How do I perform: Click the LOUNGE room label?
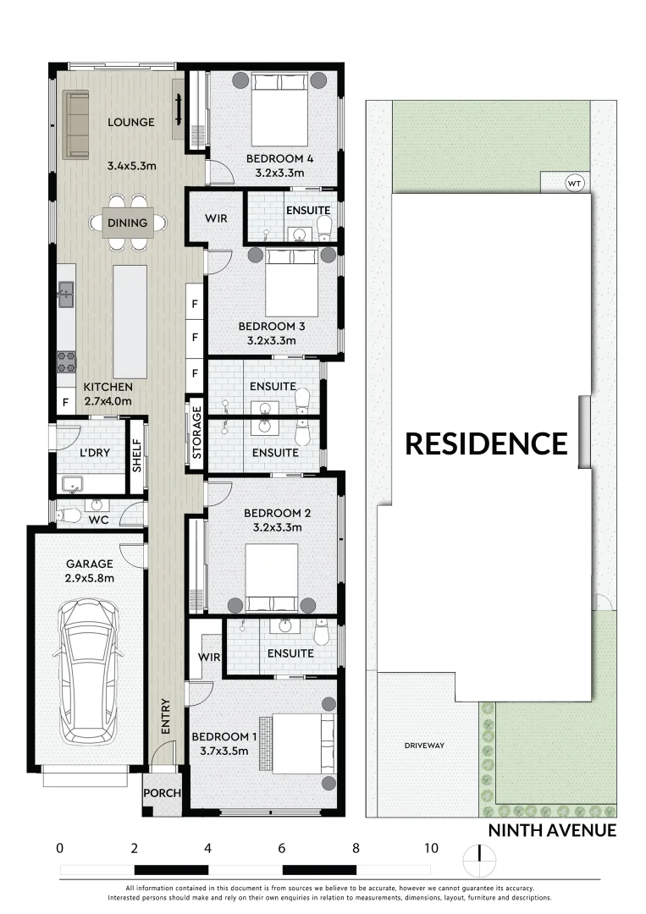click(x=131, y=123)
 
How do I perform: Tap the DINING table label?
click(x=128, y=223)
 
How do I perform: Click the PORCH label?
click(x=161, y=794)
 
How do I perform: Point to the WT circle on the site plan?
click(x=575, y=183)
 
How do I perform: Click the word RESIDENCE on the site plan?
click(x=486, y=443)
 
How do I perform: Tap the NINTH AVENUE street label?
click(x=552, y=830)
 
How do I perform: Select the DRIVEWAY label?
click(x=424, y=746)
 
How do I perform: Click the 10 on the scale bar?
click(x=431, y=848)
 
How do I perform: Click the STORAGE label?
click(x=196, y=433)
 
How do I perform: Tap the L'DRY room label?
click(x=95, y=453)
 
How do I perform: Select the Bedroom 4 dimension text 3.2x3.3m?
click(x=272, y=173)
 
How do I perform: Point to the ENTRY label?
click(x=166, y=716)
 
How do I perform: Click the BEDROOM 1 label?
click(x=220, y=736)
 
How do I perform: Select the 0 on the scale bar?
click(x=59, y=848)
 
